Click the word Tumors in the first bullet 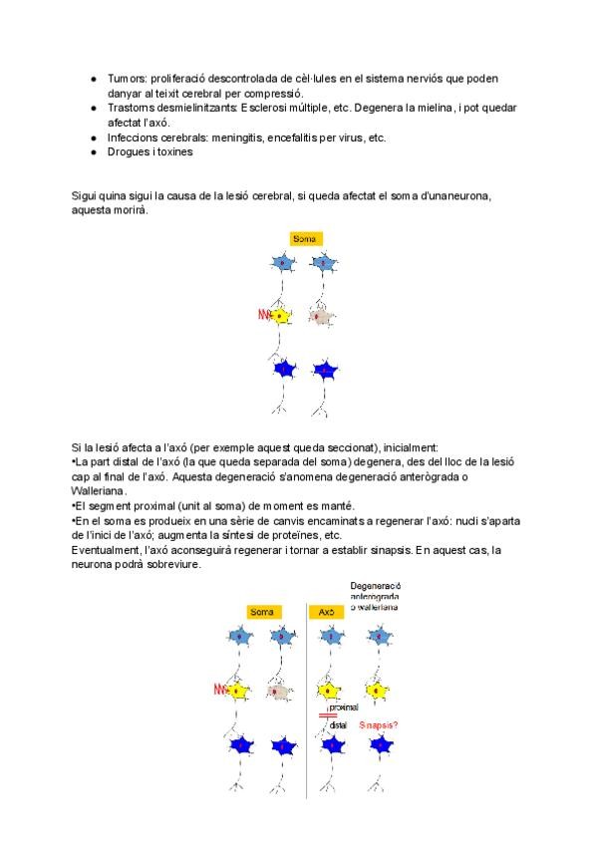click(x=127, y=79)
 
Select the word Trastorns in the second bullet click(x=130, y=107)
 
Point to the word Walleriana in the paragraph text click(x=99, y=491)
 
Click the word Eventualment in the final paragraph click(x=106, y=550)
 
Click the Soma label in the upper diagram click(x=305, y=239)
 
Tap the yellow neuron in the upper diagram click(x=282, y=316)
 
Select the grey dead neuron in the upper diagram click(x=321, y=317)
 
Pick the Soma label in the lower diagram click(x=262, y=612)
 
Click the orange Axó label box click(x=326, y=612)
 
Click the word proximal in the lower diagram click(x=344, y=705)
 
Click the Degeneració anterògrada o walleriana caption click(x=375, y=596)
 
